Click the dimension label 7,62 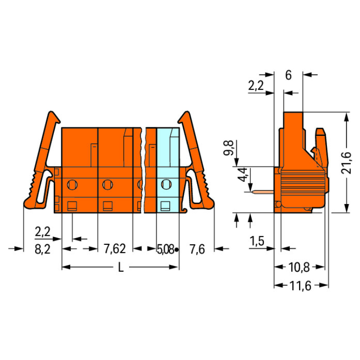click(115, 249)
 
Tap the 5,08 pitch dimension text click(165, 249)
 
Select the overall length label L click(121, 267)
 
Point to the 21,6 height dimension click(346, 163)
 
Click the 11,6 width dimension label click(300, 286)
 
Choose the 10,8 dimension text click(299, 267)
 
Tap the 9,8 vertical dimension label click(228, 148)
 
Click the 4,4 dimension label click(242, 175)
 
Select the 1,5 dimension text click(257, 241)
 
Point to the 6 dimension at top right click(288, 75)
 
